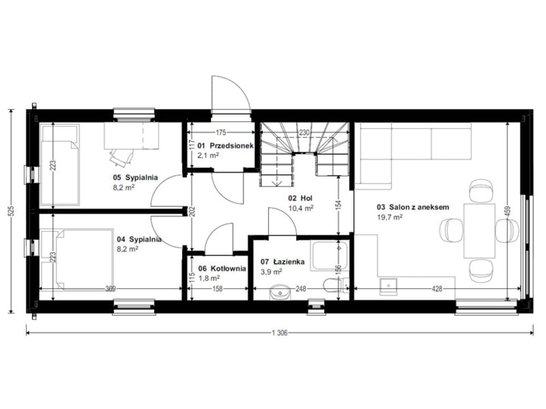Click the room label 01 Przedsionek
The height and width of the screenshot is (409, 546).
pyautogui.click(x=225, y=146)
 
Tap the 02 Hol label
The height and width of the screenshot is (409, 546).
pyautogui.click(x=300, y=199)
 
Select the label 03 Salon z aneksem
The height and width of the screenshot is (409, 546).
pyautogui.click(x=413, y=207)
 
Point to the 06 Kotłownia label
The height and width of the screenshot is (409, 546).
pyautogui.click(x=222, y=268)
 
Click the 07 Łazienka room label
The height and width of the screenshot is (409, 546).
pyautogui.click(x=282, y=262)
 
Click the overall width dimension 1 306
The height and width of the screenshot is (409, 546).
pyautogui.click(x=280, y=333)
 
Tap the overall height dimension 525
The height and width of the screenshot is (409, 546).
pyautogui.click(x=11, y=211)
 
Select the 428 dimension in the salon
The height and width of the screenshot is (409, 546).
pyautogui.click(x=437, y=288)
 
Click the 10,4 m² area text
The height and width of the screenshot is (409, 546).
pyautogui.click(x=301, y=208)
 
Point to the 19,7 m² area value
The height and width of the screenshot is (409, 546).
pyautogui.click(x=390, y=218)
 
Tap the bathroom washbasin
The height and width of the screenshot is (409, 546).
pyautogui.click(x=280, y=293)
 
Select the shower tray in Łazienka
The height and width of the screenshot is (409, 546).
pyautogui.click(x=330, y=255)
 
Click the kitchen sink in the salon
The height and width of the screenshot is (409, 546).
pyautogui.click(x=388, y=287)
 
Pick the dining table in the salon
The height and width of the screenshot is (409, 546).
pyautogui.click(x=479, y=231)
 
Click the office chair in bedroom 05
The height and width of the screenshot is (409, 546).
pyautogui.click(x=122, y=156)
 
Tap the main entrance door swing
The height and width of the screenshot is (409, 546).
pyautogui.click(x=230, y=94)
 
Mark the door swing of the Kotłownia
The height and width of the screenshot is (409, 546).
pyautogui.click(x=219, y=238)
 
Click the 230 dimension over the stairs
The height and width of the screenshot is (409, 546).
pyautogui.click(x=304, y=133)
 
